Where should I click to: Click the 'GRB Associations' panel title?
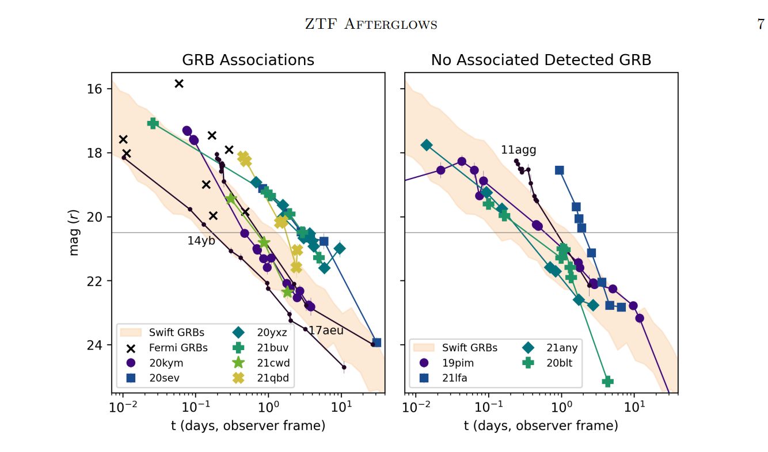pyautogui.click(x=248, y=60)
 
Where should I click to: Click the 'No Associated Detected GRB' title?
pyautogui.click(x=541, y=60)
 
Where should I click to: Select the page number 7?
pyautogui.click(x=761, y=24)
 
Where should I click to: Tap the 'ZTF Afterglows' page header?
pyautogui.click(x=370, y=24)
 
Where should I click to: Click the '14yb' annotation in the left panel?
pyautogui.click(x=201, y=241)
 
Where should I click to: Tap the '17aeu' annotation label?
pyautogui.click(x=326, y=331)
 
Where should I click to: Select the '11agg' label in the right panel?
pyautogui.click(x=518, y=150)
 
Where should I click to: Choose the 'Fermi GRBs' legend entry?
pyautogui.click(x=178, y=347)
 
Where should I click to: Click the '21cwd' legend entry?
pyautogui.click(x=273, y=363)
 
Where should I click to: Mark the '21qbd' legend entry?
pyautogui.click(x=273, y=378)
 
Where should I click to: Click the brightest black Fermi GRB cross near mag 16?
pyautogui.click(x=179, y=83)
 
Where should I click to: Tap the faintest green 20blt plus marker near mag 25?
pyautogui.click(x=607, y=381)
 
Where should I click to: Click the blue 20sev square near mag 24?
pyautogui.click(x=377, y=343)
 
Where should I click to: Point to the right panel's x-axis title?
pyautogui.click(x=541, y=426)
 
